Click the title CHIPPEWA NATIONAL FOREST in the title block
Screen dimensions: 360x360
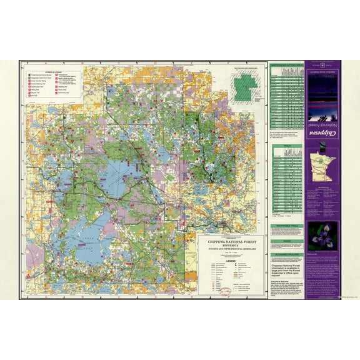pos(230,238)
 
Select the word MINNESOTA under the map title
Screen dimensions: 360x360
pos(230,242)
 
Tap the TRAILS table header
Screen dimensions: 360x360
pos(286,146)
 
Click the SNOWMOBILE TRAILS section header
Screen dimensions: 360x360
pos(286,224)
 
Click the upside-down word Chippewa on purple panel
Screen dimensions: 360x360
pos(323,134)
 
